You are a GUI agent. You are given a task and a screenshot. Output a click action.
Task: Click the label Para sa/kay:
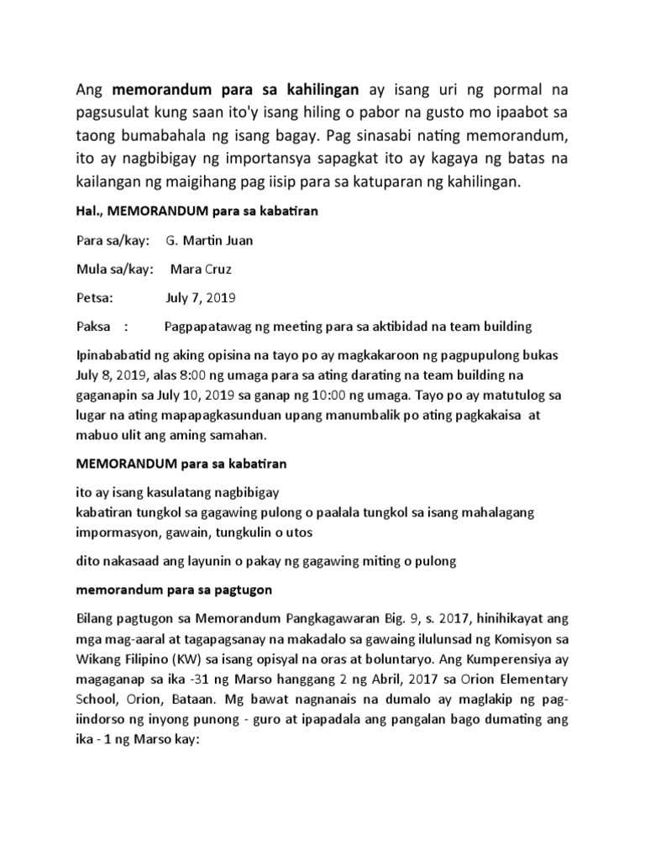[113, 241]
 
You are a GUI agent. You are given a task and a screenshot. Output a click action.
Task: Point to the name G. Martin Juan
[208, 241]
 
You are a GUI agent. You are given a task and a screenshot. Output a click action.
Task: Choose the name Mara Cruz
[202, 269]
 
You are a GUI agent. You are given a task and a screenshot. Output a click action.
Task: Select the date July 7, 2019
[201, 297]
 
